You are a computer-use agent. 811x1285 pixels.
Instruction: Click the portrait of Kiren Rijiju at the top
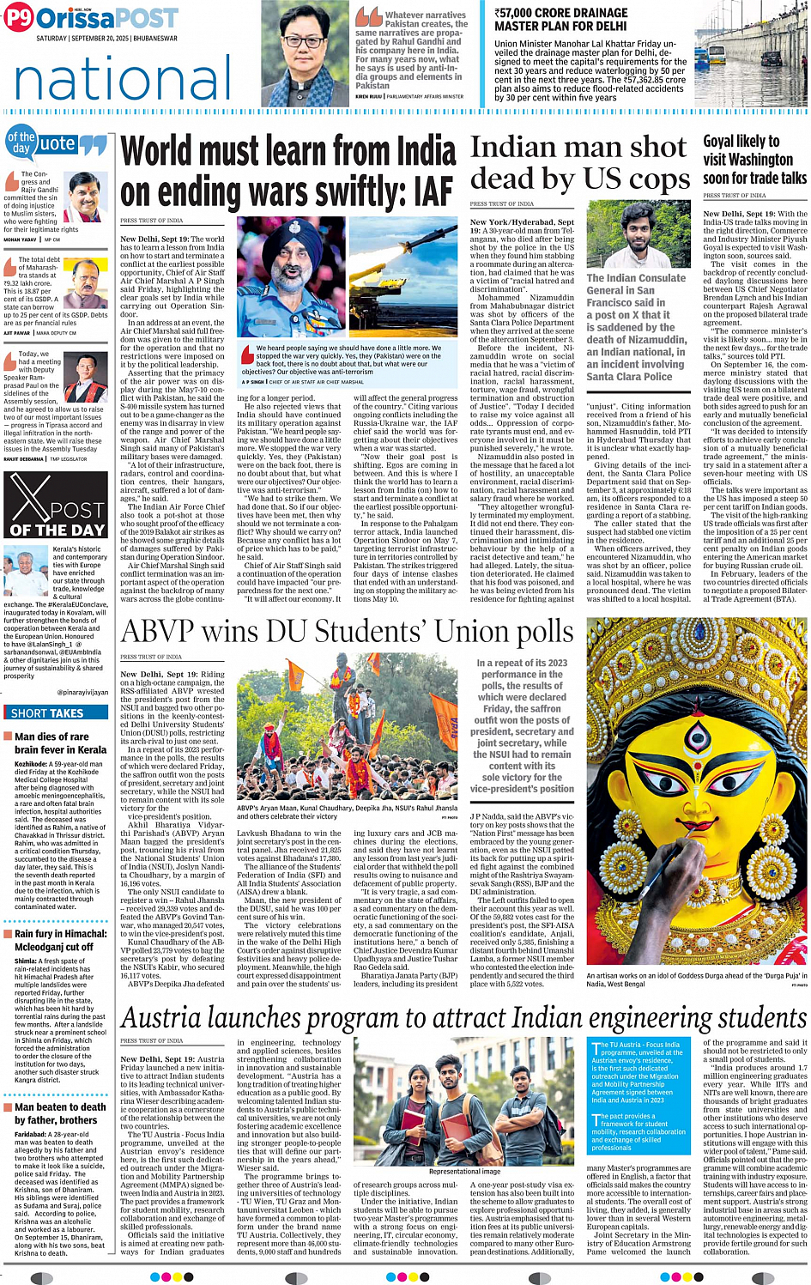click(306, 52)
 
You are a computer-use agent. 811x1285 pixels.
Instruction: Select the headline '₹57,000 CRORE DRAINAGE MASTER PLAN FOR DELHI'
click(560, 19)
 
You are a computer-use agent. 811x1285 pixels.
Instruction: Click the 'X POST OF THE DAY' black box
click(57, 505)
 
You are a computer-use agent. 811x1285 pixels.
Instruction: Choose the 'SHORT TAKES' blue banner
click(48, 712)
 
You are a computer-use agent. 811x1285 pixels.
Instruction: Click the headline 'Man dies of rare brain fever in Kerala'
click(60, 743)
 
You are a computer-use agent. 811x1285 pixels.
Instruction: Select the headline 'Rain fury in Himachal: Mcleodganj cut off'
click(60, 940)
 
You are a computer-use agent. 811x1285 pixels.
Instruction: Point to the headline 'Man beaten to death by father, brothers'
click(60, 1113)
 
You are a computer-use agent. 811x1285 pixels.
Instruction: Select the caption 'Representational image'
click(464, 1171)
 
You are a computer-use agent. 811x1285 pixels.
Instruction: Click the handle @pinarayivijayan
click(82, 692)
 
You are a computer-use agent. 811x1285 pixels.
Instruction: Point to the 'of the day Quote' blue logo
click(56, 144)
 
